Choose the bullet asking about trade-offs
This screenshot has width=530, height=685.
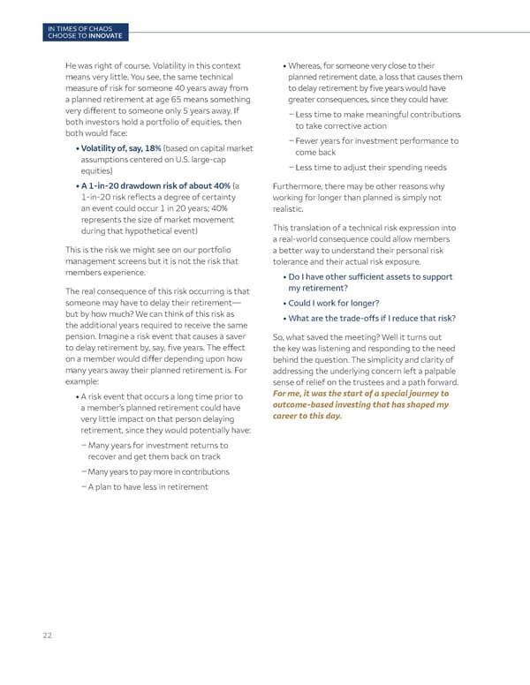[x=372, y=318]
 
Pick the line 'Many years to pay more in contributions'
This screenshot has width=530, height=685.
[x=147, y=471]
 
